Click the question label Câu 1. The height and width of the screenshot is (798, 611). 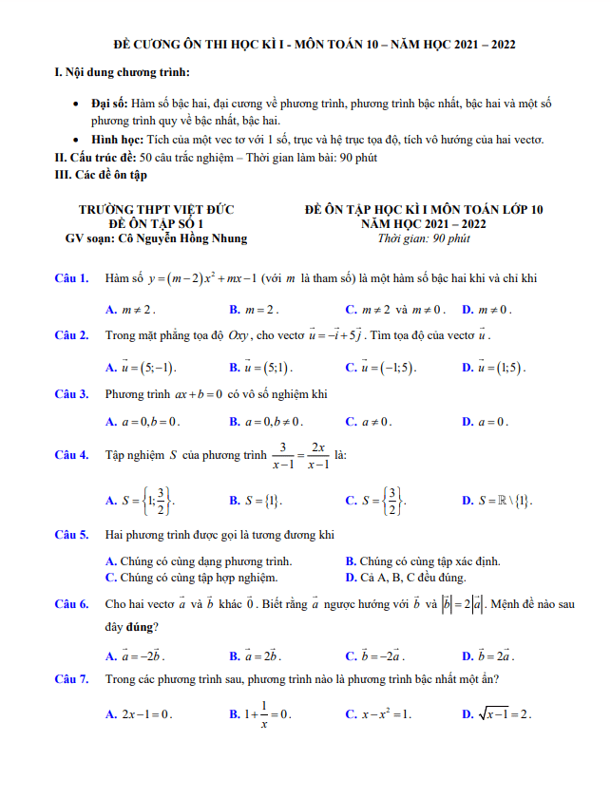tap(72, 278)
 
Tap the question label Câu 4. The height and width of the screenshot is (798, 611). tap(72, 455)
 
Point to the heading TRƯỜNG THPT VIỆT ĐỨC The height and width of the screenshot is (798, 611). tap(156, 209)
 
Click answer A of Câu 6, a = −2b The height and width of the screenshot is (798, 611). tap(139, 655)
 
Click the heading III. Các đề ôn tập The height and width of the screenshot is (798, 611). tap(102, 174)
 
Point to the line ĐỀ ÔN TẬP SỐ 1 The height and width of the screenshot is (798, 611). tap(156, 223)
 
